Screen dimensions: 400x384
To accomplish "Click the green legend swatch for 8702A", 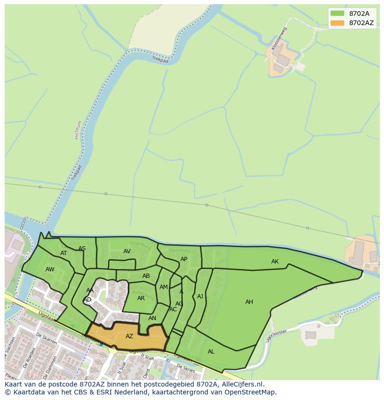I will point(337,13).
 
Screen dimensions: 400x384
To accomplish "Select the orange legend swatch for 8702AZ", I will point(337,23).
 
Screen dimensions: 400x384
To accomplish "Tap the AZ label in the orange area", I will point(129,336).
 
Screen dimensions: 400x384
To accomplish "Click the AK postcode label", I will point(275,262).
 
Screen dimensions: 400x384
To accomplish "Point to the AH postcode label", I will point(249,302).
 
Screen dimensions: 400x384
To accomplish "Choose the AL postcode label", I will point(211,352).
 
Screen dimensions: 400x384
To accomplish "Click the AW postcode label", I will point(50,269).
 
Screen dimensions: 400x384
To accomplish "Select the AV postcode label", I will point(127,251).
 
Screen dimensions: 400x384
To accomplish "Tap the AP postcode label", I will point(184,259).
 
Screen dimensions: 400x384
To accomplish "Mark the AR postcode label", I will point(141,298).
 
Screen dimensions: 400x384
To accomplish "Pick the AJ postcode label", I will point(200,296).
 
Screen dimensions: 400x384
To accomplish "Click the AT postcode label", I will point(64,253).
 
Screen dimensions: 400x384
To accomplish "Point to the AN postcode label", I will point(152,318).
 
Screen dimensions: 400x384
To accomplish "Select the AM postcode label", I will point(163,287).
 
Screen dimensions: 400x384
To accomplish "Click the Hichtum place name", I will point(78,130).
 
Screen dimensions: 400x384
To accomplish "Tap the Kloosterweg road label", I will point(279,38).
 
